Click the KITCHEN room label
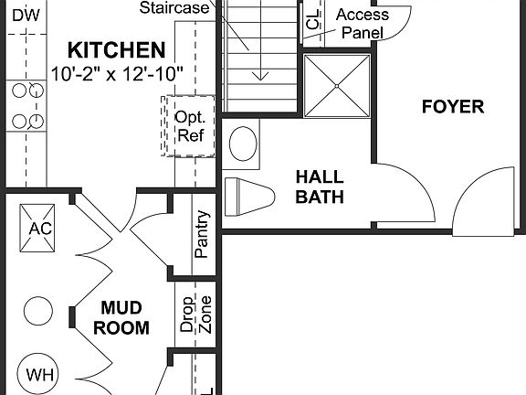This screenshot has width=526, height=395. coord(118,49)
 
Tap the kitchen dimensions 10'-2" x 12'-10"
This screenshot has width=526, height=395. coord(118,70)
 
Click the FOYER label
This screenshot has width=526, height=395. coord(453,107)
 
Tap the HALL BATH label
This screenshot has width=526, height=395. coord(319,187)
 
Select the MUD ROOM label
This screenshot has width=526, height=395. coord(124,318)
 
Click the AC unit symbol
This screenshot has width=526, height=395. coord(39,229)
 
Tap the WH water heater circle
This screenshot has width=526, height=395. coord(39,373)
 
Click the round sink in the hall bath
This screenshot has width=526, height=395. coord(243,144)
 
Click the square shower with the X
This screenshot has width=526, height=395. coord(337,85)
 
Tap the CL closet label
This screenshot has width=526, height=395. coord(313,20)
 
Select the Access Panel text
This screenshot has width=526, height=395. coord(362,24)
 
